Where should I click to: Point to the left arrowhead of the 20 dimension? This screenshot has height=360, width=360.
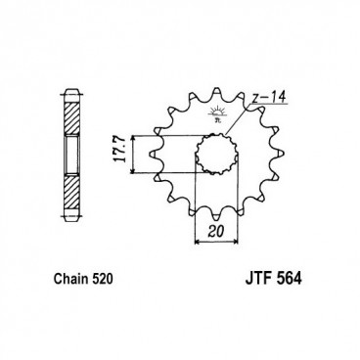[x=199, y=223]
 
